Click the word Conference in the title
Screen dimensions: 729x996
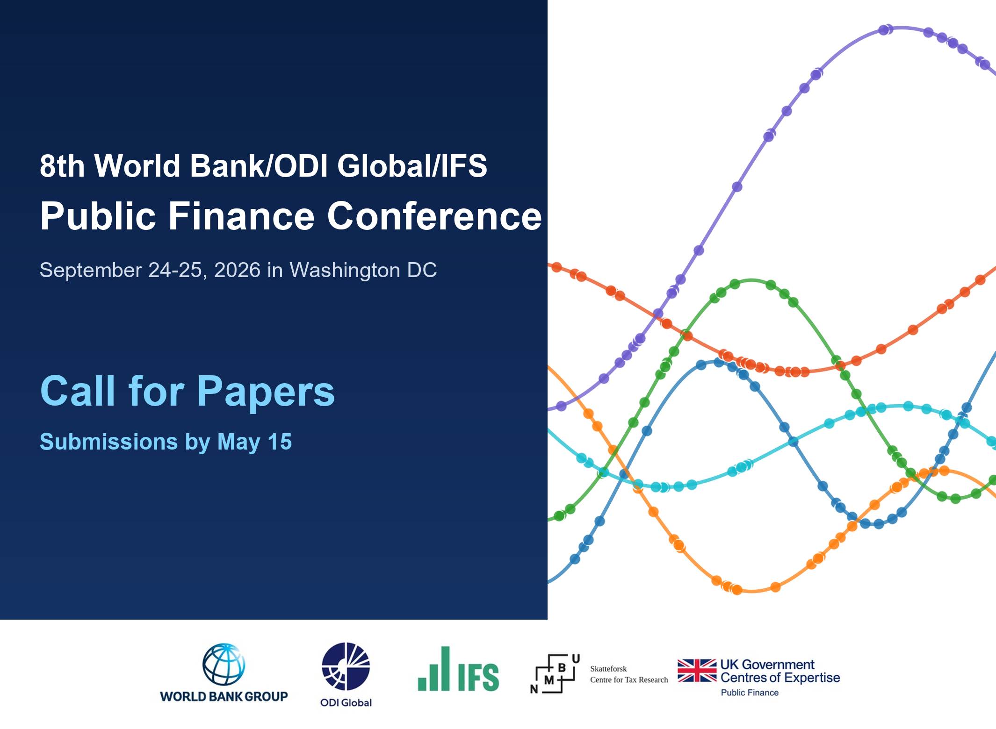(x=434, y=216)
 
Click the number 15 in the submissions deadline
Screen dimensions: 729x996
(x=280, y=442)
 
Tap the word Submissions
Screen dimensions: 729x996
(x=108, y=442)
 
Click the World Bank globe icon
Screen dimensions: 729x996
(x=224, y=665)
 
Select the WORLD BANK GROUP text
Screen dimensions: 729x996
(x=224, y=696)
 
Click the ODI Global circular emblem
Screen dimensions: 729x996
(x=346, y=666)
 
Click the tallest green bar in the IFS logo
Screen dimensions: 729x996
(x=445, y=668)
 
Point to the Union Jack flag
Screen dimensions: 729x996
(x=697, y=671)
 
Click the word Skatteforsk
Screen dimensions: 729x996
(x=608, y=669)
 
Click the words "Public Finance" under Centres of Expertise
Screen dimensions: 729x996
(x=750, y=693)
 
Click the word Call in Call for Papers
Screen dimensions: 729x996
(x=78, y=392)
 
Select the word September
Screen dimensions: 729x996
(x=91, y=270)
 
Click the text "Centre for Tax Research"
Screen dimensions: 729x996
(x=629, y=680)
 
